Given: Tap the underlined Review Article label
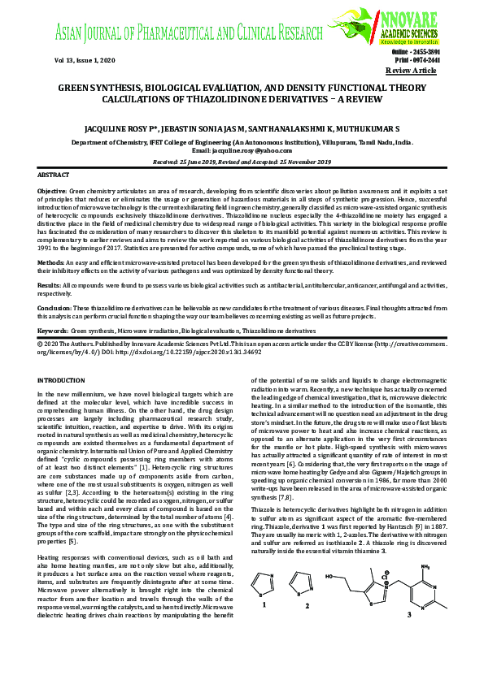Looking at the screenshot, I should click(435, 71).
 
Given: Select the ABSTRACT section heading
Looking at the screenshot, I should click(54, 175).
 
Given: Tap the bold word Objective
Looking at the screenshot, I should click(53, 189).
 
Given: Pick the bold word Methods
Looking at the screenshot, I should click(51, 264).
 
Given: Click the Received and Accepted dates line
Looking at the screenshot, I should click(242, 162).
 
